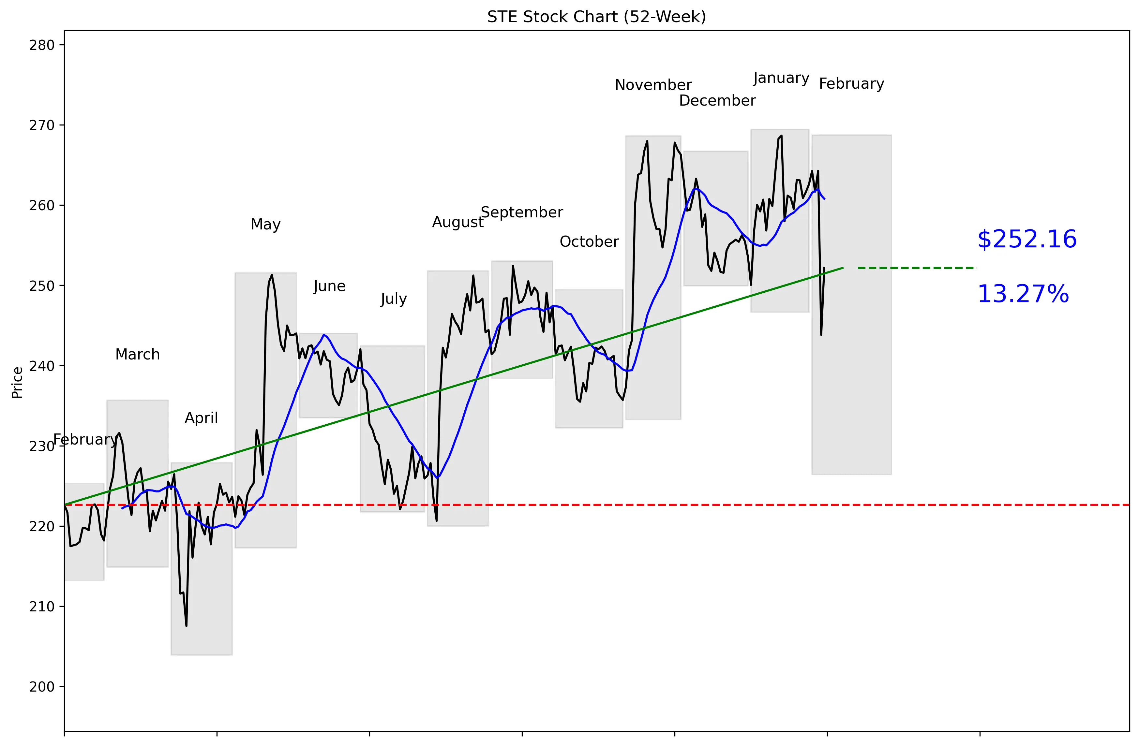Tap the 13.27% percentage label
[1023, 294]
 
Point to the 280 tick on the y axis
[42, 45]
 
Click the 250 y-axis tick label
[42, 286]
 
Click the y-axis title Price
[18, 383]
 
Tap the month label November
[653, 85]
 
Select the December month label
[717, 101]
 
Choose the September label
[522, 212]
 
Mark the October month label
[589, 242]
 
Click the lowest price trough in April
[186, 625]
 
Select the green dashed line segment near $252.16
[917, 268]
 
